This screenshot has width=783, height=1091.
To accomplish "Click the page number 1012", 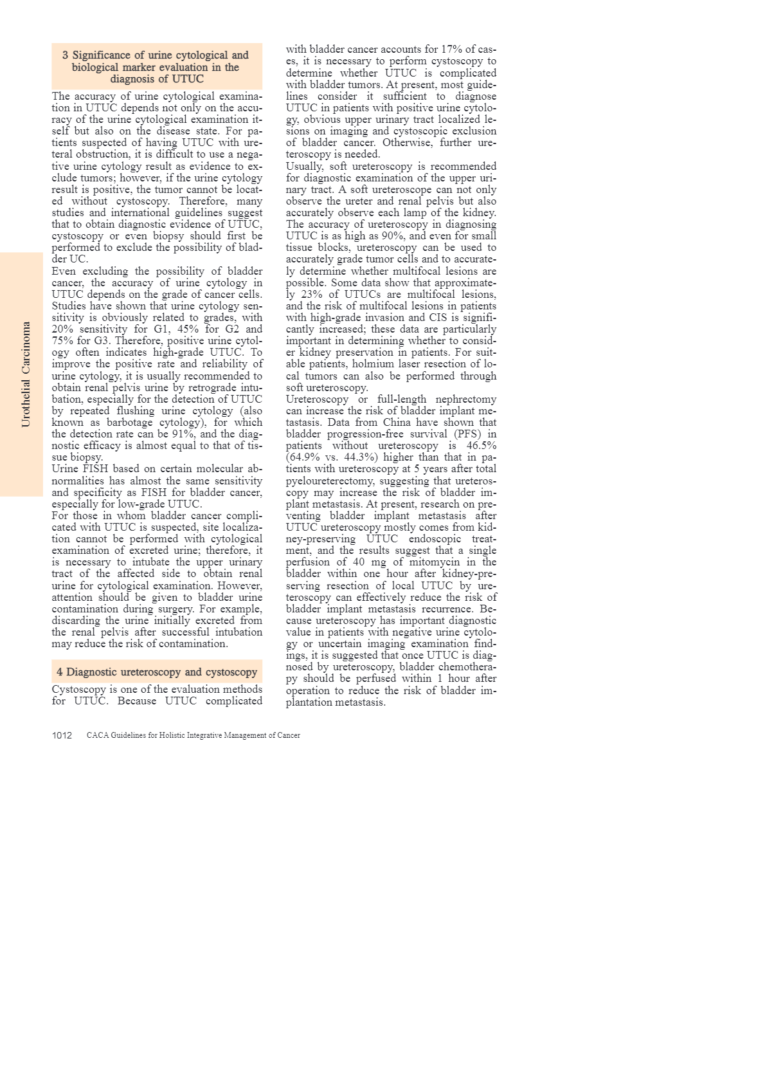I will [62, 735].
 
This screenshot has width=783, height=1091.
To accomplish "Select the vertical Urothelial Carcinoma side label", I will [26, 374].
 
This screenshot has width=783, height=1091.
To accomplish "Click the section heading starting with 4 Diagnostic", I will [157, 672].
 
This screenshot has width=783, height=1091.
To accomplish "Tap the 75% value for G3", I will [62, 340].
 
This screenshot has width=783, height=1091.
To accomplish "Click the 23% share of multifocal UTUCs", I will [312, 294].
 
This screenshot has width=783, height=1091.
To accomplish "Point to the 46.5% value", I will [480, 445].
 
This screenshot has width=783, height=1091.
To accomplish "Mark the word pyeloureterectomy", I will [328, 481].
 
